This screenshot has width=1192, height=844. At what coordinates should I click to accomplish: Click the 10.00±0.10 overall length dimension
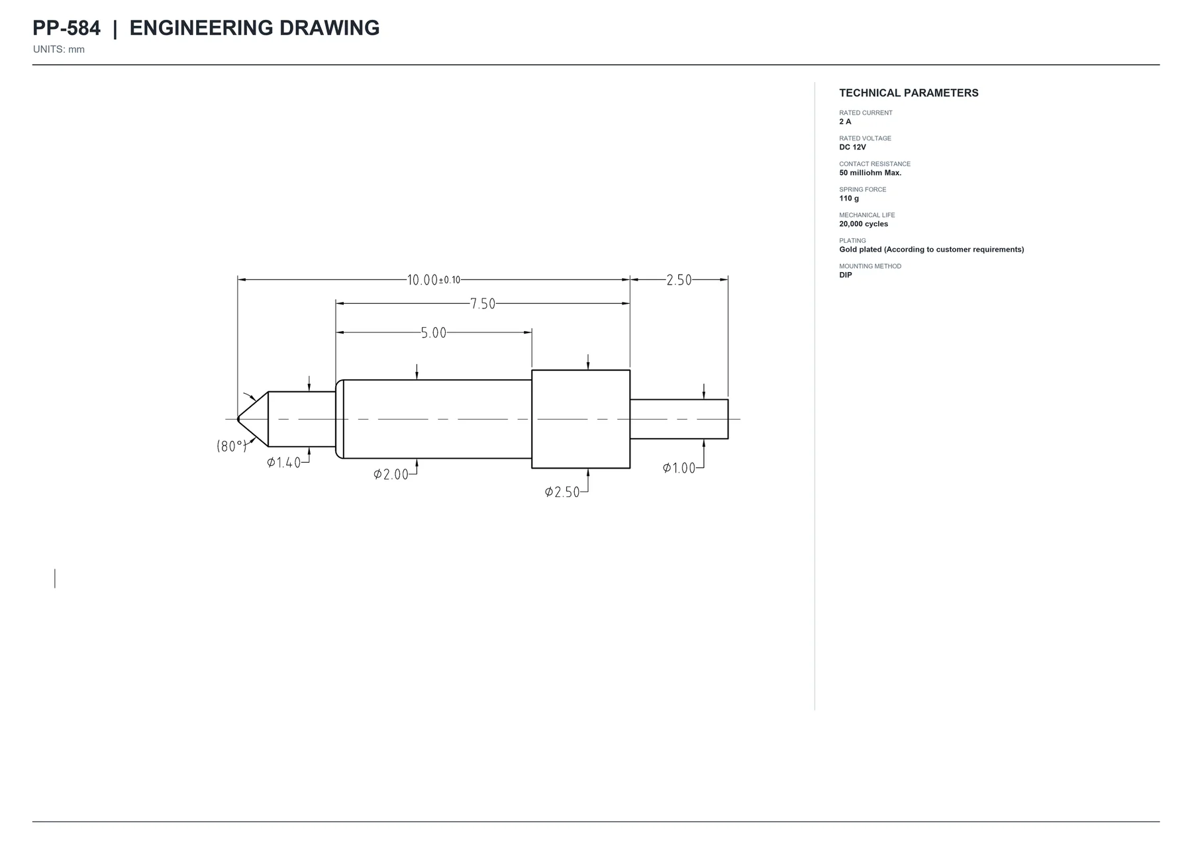(x=433, y=280)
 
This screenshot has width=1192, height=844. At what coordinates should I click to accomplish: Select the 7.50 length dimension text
(x=483, y=304)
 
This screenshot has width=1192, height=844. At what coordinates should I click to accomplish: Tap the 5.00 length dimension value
(x=434, y=333)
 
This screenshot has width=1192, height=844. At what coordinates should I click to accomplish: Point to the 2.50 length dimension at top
(x=679, y=280)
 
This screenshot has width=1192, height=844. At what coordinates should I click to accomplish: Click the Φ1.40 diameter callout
(x=283, y=463)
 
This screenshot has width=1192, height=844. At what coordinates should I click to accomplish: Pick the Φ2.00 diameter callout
(x=391, y=475)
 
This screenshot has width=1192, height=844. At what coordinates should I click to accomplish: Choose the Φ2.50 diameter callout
(x=562, y=492)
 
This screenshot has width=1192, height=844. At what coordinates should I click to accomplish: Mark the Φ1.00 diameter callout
(x=679, y=468)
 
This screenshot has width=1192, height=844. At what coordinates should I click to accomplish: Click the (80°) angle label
(x=232, y=446)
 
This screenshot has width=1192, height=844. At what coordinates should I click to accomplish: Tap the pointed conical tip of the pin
(x=238, y=419)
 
